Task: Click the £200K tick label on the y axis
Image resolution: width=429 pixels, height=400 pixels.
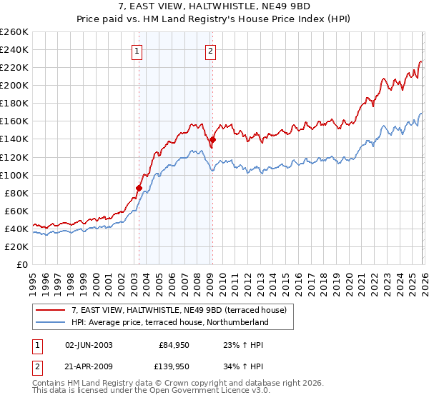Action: (14, 85)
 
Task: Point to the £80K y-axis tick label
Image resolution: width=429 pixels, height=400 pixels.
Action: (16, 193)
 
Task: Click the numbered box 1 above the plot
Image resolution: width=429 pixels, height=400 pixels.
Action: (137, 51)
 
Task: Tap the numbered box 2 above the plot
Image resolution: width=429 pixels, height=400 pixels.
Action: (212, 51)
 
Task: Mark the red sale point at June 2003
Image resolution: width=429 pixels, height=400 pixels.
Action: (139, 188)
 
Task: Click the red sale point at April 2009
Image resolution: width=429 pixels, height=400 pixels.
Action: (212, 139)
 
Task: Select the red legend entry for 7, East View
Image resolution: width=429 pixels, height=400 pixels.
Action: (179, 310)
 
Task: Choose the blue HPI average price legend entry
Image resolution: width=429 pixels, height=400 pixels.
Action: (169, 323)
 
